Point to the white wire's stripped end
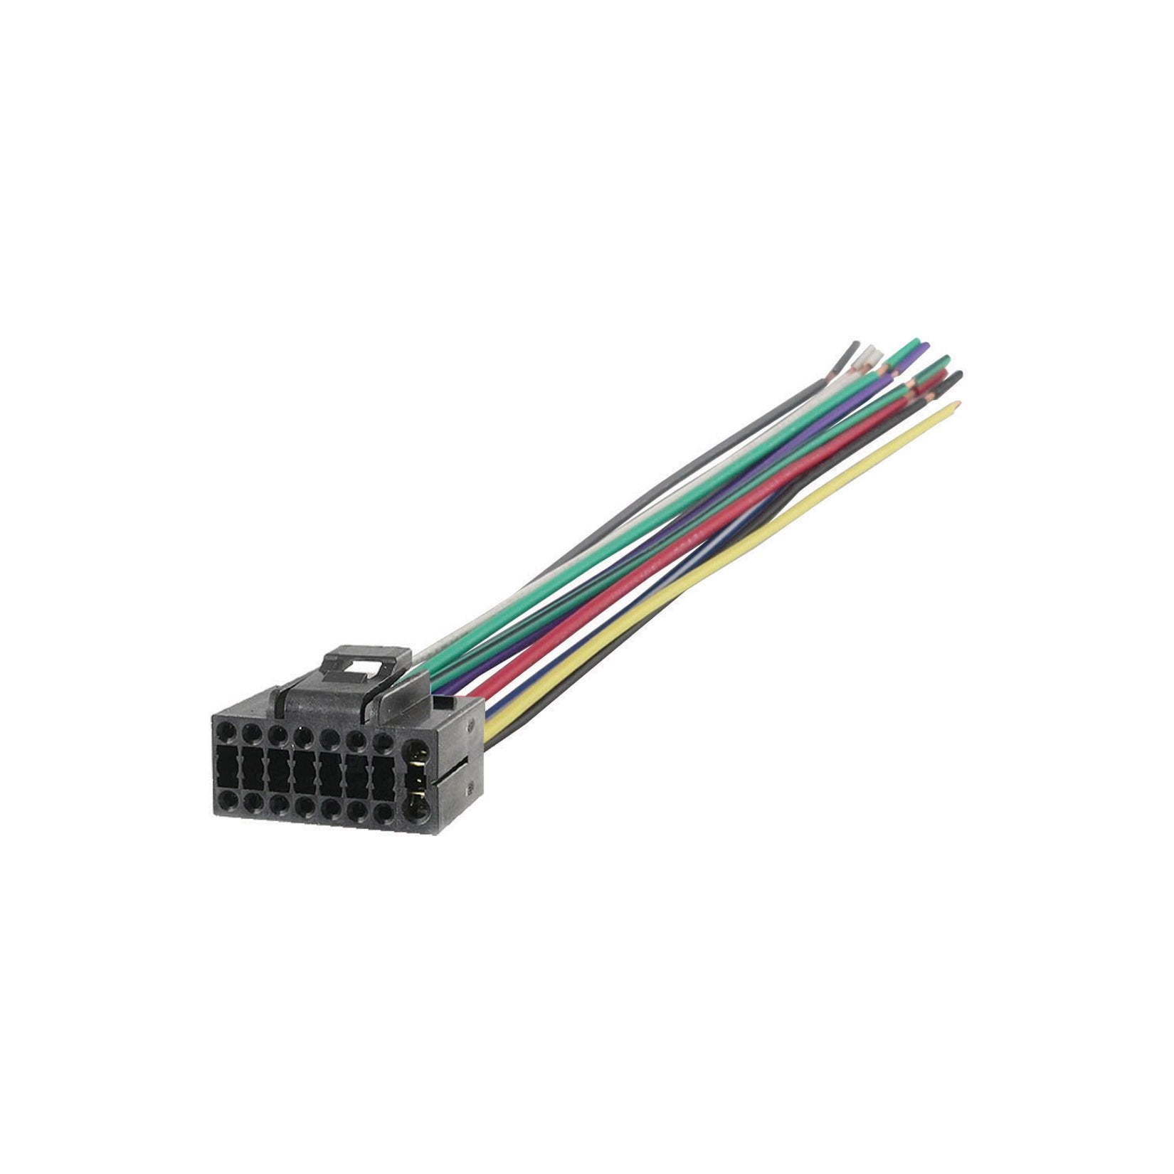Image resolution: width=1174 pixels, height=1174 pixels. click(x=869, y=354)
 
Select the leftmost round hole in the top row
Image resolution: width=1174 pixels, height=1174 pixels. click(x=226, y=732)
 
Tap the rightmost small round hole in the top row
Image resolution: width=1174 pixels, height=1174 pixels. click(x=384, y=741)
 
